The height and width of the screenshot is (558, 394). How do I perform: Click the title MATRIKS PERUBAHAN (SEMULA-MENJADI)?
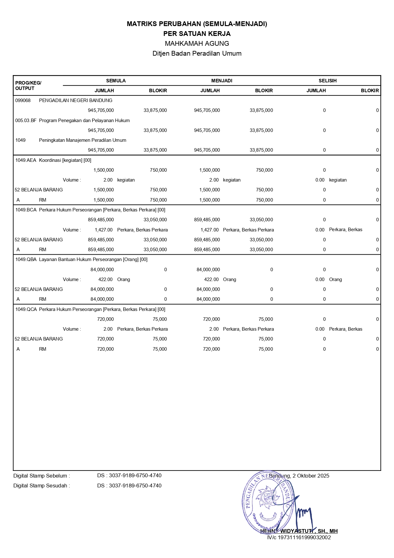pos(197,24)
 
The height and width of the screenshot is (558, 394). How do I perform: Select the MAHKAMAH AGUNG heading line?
pos(197,44)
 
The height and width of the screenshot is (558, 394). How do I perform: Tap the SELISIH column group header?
pos(327,81)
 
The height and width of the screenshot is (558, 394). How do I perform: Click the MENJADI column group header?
pos(221,81)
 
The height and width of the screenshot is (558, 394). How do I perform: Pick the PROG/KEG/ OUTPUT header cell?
pos(28,86)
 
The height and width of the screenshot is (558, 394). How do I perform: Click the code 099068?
pos(23,100)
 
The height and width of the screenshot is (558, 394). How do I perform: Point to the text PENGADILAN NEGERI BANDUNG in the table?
pos(76,100)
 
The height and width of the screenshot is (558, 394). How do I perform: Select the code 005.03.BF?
pos(26,121)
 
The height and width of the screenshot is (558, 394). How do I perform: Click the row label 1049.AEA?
pos(26,160)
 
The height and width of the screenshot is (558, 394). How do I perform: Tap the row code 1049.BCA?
pos(26,210)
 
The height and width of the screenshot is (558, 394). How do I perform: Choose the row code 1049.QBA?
pos(26,259)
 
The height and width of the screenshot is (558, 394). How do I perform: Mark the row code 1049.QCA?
pos(26,309)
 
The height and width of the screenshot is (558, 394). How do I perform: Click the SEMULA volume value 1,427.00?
pos(104,230)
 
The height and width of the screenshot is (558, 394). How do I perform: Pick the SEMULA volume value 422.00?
pos(105,279)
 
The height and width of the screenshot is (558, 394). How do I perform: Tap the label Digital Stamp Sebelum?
pos(41,476)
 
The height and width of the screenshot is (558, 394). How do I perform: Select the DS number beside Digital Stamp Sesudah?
pos(129,486)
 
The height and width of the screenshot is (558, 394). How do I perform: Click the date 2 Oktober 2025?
pos(311,476)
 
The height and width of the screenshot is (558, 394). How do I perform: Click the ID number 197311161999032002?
pos(304,538)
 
